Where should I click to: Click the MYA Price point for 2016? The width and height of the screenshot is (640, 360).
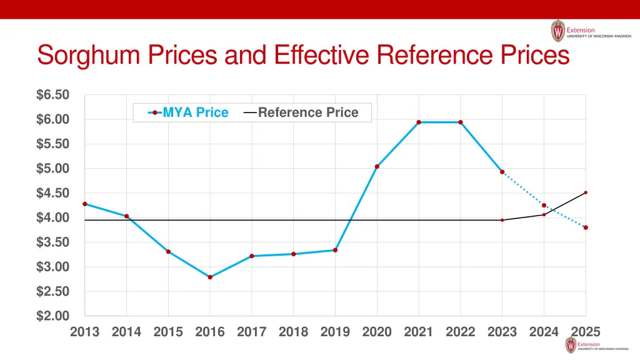210,277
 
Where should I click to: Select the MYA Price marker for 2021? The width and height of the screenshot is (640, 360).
419,122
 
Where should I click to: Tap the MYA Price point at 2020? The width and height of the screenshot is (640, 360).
377,167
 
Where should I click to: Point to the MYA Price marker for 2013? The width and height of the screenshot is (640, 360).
85,204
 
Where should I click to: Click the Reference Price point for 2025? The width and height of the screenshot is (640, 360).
586,192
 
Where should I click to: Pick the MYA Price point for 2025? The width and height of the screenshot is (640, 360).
586,227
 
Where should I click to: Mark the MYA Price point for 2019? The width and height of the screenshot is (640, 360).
336,250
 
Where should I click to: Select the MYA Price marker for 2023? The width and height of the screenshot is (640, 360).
502,172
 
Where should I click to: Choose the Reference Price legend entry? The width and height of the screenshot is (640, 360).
301,112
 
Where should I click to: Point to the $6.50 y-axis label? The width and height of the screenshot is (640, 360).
52,95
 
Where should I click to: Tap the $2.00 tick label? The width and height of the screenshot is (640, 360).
52,316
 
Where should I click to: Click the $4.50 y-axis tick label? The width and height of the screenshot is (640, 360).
52,193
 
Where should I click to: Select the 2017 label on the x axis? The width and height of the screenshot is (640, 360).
252,332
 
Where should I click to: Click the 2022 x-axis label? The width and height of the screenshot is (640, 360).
461,332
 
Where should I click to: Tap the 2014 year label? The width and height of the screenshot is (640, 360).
126,332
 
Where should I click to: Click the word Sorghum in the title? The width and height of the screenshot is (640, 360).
91,56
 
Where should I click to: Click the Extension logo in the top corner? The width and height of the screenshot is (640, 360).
590,31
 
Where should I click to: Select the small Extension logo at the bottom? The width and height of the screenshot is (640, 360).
597,345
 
